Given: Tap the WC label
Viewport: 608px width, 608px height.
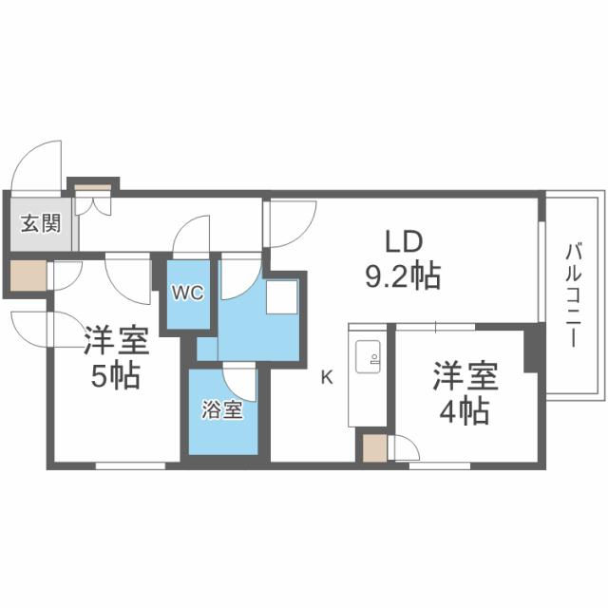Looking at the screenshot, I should [x=187, y=294].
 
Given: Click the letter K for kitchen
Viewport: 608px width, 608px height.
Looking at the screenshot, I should [x=326, y=377].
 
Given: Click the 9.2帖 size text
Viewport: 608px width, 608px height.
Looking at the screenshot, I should [x=402, y=276].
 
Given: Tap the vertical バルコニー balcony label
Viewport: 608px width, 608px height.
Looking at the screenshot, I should [x=573, y=294].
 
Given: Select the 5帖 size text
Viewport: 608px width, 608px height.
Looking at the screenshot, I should [x=115, y=376].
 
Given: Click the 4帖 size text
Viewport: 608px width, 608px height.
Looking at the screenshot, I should [x=464, y=410].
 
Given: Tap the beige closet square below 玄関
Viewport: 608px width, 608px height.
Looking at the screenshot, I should [x=28, y=275].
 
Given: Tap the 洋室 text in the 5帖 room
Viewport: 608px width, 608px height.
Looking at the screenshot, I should [x=115, y=338].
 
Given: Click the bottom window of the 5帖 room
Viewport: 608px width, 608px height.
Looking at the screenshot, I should [x=131, y=465].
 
